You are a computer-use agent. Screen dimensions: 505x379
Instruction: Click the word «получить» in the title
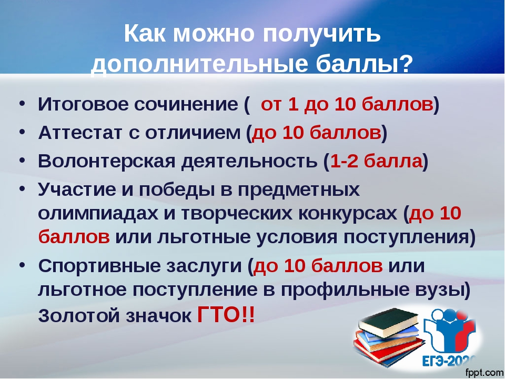pos(322,34)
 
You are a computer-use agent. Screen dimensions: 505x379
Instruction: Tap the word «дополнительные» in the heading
pos(199,63)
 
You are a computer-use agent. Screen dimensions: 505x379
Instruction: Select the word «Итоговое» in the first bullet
pos(83,104)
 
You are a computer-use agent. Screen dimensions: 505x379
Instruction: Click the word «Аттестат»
pos(80,133)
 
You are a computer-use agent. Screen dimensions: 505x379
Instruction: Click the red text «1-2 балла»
pos(376,161)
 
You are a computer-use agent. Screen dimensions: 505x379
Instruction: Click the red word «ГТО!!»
pos(226,315)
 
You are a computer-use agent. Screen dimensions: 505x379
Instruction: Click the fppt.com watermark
pos(484,373)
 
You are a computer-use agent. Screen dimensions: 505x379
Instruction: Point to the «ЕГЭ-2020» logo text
pos(449,361)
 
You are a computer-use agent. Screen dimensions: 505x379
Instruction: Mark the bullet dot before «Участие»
pos(22,189)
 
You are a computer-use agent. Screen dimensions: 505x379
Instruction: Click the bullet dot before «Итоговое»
pos(22,104)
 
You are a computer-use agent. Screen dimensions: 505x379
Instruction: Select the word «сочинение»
pos(186,104)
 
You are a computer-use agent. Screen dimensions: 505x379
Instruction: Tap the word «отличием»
pos(193,133)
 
